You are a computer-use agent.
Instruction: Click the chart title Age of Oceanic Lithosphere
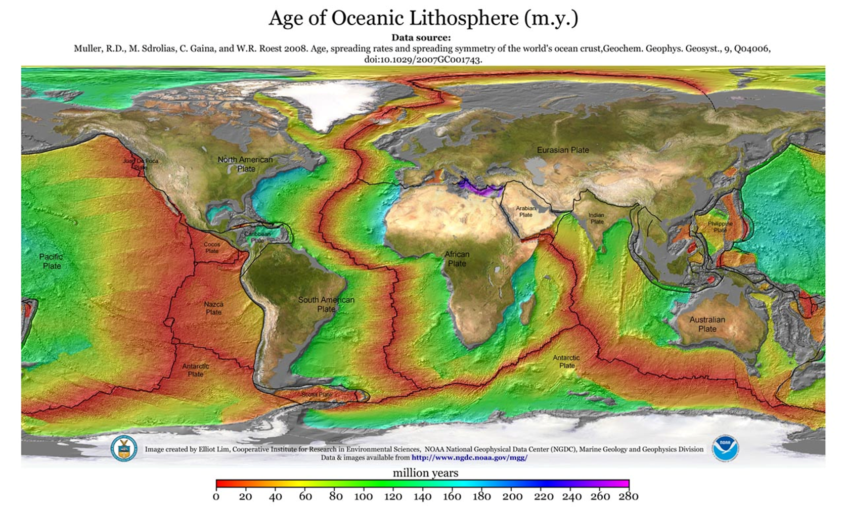point(423,18)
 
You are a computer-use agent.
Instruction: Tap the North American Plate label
point(245,164)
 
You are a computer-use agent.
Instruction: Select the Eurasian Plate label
point(563,150)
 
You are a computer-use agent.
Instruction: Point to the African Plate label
point(457,259)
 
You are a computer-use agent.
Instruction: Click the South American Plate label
point(326,304)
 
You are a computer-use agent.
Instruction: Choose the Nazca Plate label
point(213,308)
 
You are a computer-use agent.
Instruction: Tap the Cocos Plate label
point(212,247)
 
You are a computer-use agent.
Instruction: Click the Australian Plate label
point(707,324)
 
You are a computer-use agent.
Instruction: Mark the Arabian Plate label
point(526,211)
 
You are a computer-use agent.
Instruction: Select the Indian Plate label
point(597,218)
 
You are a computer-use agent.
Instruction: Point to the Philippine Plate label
point(720,227)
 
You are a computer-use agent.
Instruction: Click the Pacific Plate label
point(52,261)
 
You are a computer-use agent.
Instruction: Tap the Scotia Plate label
point(317,394)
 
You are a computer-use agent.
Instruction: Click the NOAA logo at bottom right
point(725,448)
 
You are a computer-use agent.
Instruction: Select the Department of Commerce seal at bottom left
point(124,448)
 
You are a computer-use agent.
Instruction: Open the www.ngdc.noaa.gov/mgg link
point(469,458)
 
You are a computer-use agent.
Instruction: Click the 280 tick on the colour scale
point(627,496)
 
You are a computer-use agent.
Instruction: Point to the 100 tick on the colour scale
point(363,496)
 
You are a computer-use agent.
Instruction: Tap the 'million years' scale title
point(425,473)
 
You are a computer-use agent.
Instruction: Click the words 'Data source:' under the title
point(421,37)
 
